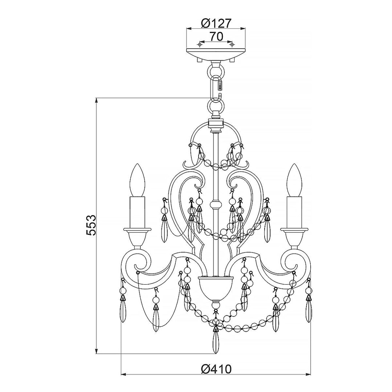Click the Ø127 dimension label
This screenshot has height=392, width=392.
215,23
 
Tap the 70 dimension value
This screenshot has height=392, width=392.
216,37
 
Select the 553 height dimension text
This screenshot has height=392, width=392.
91,225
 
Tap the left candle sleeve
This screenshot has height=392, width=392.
138,212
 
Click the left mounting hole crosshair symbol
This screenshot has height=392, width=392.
200,45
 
